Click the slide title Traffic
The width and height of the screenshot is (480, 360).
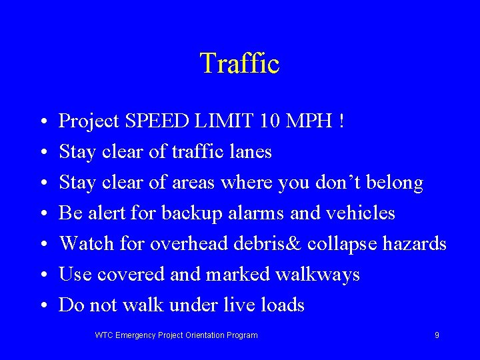point(239,64)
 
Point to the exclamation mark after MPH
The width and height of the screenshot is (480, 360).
point(342,121)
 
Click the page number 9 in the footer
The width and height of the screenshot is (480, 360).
point(437,335)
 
